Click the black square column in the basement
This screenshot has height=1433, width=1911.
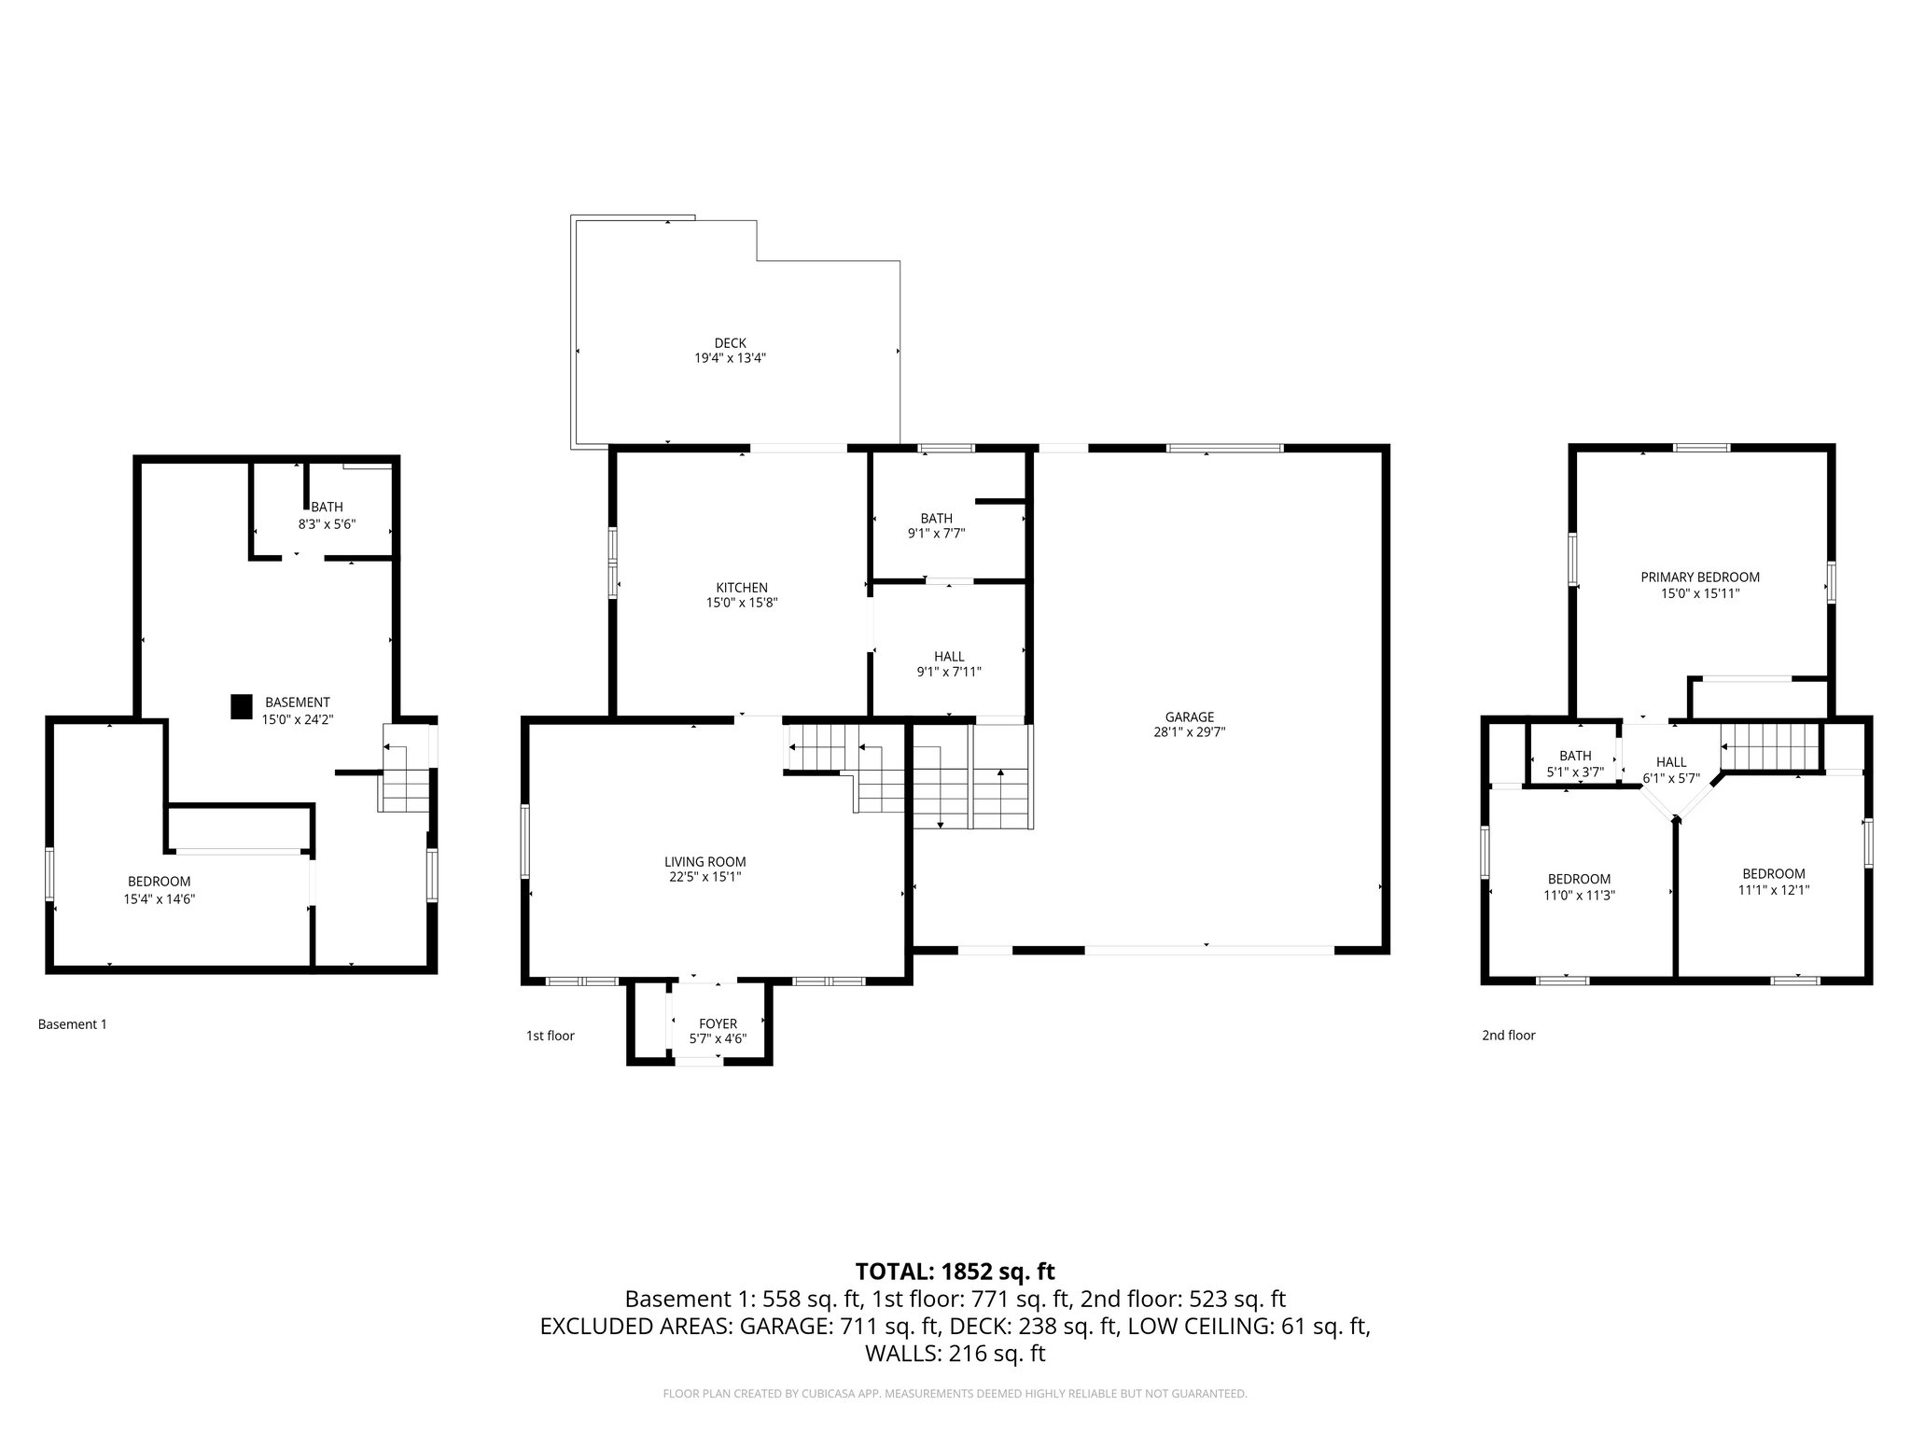coord(242,707)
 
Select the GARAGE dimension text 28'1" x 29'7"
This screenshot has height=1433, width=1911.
coord(1189,732)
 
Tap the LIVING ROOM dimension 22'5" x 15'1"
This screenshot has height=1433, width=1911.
coord(704,877)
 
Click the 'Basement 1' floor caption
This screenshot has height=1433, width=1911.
coord(72,1024)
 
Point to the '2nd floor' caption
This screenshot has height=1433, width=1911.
coord(1508,1035)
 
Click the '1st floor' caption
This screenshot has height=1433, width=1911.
coord(550,1036)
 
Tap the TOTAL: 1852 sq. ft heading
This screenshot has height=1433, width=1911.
coord(955,1271)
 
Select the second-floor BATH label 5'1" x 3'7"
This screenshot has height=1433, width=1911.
coord(1574,763)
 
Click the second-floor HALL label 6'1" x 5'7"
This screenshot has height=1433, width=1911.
coord(1670,770)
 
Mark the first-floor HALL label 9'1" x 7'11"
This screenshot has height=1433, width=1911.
coord(949,663)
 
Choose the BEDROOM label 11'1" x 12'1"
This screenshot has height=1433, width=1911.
coord(1773,882)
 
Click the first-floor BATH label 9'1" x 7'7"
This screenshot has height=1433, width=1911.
coord(936,525)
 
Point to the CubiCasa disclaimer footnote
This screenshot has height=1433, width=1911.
coord(955,1394)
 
